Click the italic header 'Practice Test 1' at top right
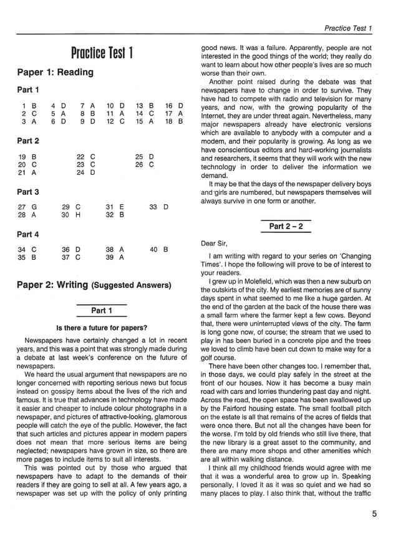tap(348, 28)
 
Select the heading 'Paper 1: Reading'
tap(55, 72)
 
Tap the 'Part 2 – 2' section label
tap(286, 227)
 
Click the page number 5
tap(374, 514)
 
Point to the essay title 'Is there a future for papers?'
tap(102, 327)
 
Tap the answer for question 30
tap(78, 215)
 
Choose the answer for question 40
tap(165, 249)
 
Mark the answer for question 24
tap(93, 172)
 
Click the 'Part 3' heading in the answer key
tap(28, 192)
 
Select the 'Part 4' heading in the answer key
tap(28, 234)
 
